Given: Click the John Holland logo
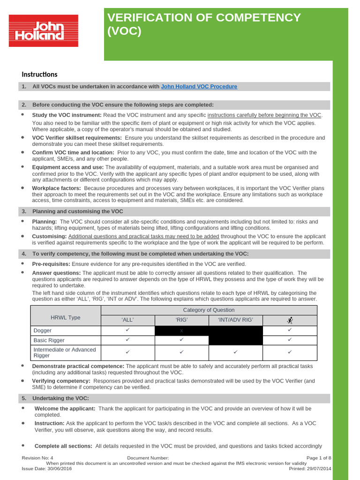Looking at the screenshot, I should click(x=44, y=30).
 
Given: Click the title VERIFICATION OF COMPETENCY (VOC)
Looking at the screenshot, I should click(x=204, y=24).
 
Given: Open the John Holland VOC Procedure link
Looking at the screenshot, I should click(x=199, y=87).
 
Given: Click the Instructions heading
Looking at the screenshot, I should click(x=40, y=74).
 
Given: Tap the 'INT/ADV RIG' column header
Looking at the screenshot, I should click(x=235, y=320).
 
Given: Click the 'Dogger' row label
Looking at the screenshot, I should click(x=43, y=330).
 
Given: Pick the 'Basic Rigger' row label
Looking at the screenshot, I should click(x=49, y=340).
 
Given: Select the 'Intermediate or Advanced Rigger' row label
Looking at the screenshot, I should click(x=65, y=352).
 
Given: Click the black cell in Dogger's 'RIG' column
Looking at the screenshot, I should click(x=181, y=330).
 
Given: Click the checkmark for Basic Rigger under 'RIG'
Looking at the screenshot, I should click(x=181, y=340).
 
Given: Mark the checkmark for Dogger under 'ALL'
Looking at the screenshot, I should click(x=127, y=330).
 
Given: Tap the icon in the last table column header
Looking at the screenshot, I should click(x=290, y=320).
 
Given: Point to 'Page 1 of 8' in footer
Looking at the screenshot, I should click(x=319, y=458).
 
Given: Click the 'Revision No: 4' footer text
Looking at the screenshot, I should click(x=37, y=458).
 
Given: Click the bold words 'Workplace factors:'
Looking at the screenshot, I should click(x=56, y=188).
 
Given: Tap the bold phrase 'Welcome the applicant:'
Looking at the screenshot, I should click(x=65, y=409).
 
